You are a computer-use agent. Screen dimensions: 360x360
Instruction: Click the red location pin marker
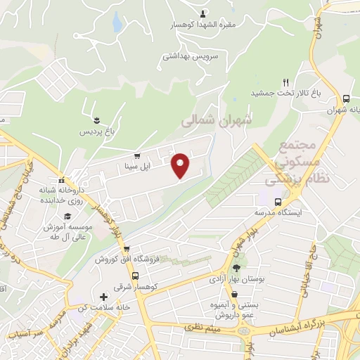click(181, 165)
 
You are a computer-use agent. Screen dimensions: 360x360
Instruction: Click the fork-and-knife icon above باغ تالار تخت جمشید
click(285, 82)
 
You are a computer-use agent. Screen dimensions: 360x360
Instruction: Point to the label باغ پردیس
click(95, 131)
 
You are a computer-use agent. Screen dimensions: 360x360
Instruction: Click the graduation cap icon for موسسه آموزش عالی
click(67, 216)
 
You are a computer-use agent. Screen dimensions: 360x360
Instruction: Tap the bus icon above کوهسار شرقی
click(126, 249)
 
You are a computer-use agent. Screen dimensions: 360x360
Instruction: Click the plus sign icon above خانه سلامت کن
click(104, 297)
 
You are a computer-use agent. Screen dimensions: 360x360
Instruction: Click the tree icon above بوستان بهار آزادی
click(236, 267)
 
